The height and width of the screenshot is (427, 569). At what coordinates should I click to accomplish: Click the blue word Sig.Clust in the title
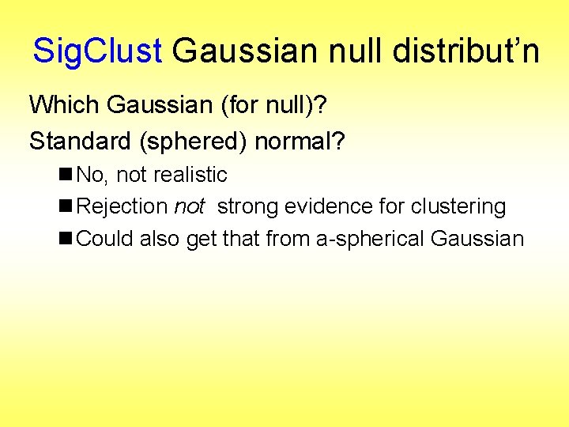point(97,51)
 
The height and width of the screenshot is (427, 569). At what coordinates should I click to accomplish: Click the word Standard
point(74,141)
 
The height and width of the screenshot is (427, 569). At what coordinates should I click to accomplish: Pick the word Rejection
point(122,207)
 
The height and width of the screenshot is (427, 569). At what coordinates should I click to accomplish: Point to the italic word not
point(188,207)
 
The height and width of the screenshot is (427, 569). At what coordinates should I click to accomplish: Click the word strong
point(248,207)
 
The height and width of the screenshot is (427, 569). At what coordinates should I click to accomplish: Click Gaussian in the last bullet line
point(478,239)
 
